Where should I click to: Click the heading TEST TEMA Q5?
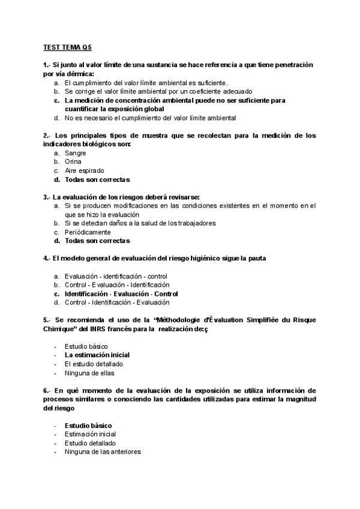point(68,46)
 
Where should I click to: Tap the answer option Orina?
point(73,161)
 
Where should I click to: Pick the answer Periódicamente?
point(88,232)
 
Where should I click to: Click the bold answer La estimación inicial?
point(97,355)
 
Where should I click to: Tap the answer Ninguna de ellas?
point(91,373)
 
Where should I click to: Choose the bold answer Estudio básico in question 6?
point(88,425)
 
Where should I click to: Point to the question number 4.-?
point(47,258)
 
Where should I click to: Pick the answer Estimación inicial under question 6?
point(91,434)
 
